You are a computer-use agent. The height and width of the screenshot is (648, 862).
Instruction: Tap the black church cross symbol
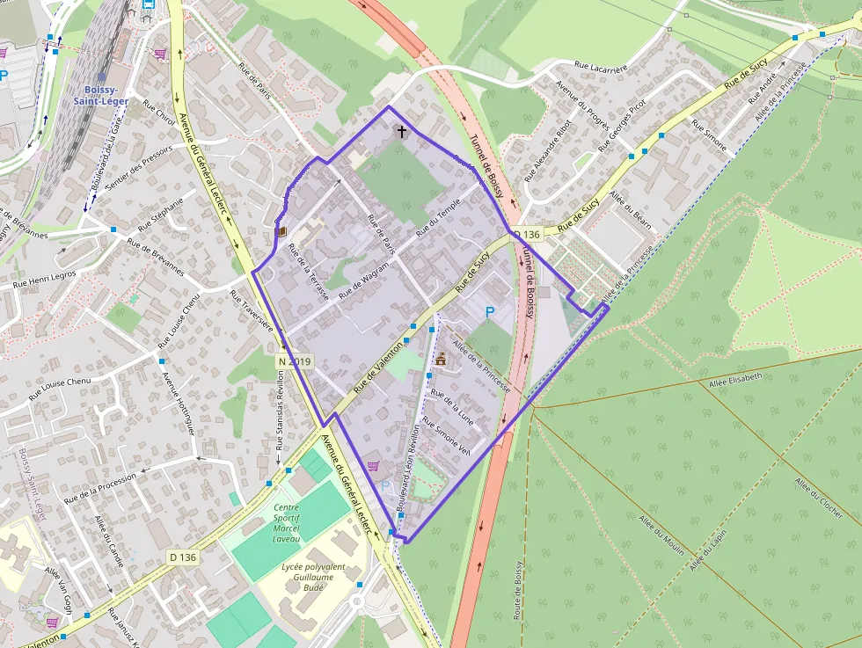click(402, 133)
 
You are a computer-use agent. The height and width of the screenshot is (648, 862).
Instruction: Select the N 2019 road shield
click(294, 361)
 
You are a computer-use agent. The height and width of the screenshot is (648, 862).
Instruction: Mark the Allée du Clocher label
click(818, 497)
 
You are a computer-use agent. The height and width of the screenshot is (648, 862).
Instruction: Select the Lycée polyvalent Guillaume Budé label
click(313, 577)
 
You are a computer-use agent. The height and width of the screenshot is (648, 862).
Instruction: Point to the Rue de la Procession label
click(100, 489)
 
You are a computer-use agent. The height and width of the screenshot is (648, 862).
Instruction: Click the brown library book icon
click(281, 232)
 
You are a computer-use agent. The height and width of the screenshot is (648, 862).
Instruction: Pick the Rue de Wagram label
click(363, 284)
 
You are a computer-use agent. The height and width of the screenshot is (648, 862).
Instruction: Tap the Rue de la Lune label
click(451, 407)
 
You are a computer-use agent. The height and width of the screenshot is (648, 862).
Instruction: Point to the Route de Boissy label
click(520, 589)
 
